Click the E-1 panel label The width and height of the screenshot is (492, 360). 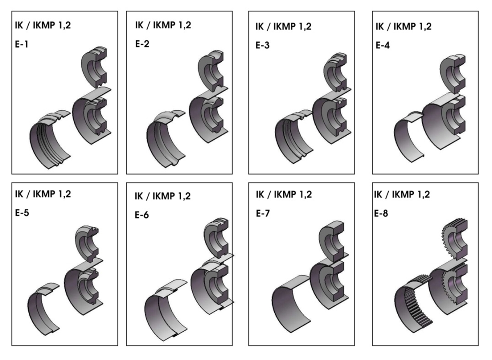[21, 44]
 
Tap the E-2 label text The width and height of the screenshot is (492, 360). [142, 44]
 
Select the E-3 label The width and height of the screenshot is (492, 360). [262, 45]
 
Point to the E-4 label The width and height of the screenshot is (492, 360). [383, 45]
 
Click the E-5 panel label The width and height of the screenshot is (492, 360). [22, 213]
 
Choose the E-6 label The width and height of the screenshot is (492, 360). [142, 215]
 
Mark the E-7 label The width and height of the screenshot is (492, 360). [263, 213]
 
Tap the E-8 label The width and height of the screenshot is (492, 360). [381, 213]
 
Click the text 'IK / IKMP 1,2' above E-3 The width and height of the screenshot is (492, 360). [283, 27]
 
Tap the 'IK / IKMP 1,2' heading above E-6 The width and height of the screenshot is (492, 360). [163, 196]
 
